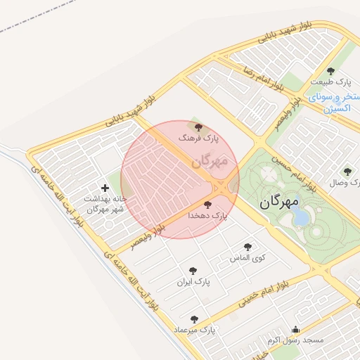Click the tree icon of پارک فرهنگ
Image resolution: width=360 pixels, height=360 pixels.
click(200, 127)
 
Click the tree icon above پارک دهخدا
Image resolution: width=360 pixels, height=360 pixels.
click(206, 204)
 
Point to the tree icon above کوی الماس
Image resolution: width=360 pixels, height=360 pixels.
click(247, 247)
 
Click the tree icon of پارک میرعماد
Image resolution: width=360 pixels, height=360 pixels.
click(194, 319)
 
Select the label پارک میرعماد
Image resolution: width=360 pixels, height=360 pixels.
click(198, 330)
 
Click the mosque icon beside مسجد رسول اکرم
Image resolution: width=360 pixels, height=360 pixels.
click(295, 329)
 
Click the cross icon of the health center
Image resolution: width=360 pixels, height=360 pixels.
click(105, 188)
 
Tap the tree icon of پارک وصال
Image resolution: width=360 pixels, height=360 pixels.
click(346, 171)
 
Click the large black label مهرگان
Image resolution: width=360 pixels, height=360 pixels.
click(278, 202)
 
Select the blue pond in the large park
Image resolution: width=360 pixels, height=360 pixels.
click(300, 217)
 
